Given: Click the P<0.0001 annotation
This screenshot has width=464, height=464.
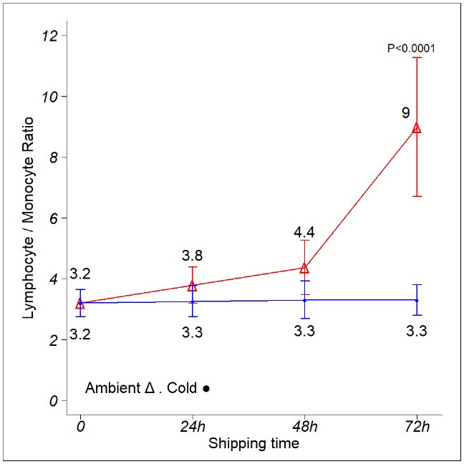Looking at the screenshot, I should click(x=411, y=49).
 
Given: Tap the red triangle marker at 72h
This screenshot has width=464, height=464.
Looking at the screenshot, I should click(x=416, y=128).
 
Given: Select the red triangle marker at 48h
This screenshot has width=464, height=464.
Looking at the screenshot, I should click(x=304, y=268).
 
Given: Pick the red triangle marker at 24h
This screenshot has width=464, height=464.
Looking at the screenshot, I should click(x=192, y=286).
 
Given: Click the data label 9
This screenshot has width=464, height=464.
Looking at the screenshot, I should click(x=405, y=113).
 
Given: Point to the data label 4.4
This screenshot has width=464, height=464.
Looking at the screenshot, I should click(x=304, y=232).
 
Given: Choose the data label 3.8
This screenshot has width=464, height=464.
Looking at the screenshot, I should click(x=192, y=256).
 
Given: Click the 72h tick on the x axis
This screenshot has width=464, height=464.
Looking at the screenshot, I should click(x=416, y=427).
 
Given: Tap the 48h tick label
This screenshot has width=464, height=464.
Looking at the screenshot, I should click(x=304, y=427).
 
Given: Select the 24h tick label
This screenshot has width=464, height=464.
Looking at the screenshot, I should click(x=192, y=427).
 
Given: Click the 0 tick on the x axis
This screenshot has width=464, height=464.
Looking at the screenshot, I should click(x=80, y=427).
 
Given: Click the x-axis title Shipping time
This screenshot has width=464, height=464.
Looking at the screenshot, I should click(x=253, y=443).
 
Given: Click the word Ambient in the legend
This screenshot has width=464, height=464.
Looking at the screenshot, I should click(x=112, y=388).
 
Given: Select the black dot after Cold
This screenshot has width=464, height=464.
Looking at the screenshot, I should click(x=206, y=389).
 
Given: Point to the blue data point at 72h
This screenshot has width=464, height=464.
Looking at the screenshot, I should click(x=416, y=300).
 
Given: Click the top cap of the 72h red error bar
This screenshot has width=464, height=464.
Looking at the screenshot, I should click(x=416, y=57).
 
